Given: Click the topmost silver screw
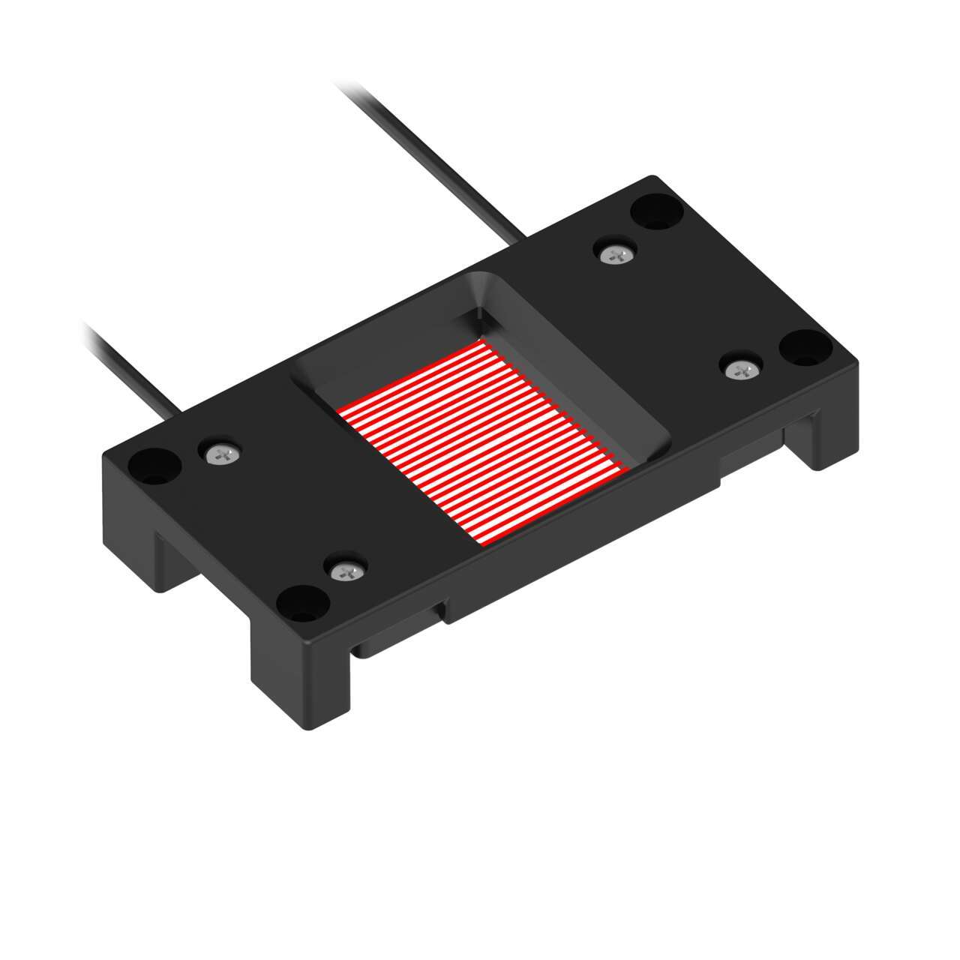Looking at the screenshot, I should [x=617, y=254].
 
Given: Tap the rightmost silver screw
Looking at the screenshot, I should [x=743, y=368].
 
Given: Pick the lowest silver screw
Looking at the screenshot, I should [x=346, y=571].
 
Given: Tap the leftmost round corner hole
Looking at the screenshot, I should [x=154, y=465].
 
